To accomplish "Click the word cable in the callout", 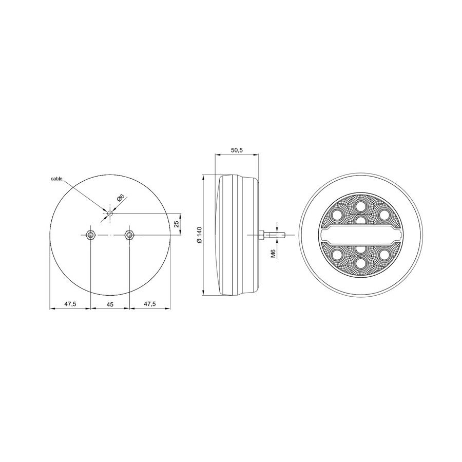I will click(56, 179).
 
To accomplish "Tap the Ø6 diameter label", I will click(121, 198).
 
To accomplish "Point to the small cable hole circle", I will click(109, 213).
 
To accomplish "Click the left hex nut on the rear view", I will click(90, 235).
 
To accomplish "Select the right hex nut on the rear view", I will click(129, 235).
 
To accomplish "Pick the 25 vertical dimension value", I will click(176, 224).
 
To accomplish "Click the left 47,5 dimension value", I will click(70, 304).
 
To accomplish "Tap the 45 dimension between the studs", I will click(109, 304).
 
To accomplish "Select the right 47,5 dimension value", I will click(149, 304).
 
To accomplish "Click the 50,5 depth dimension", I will click(237, 150).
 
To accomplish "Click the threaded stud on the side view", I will click(272, 235).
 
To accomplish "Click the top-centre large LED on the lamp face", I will click(360, 207).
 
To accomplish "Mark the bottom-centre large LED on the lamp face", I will click(360, 263).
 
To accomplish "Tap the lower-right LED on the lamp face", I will click(383, 255).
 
